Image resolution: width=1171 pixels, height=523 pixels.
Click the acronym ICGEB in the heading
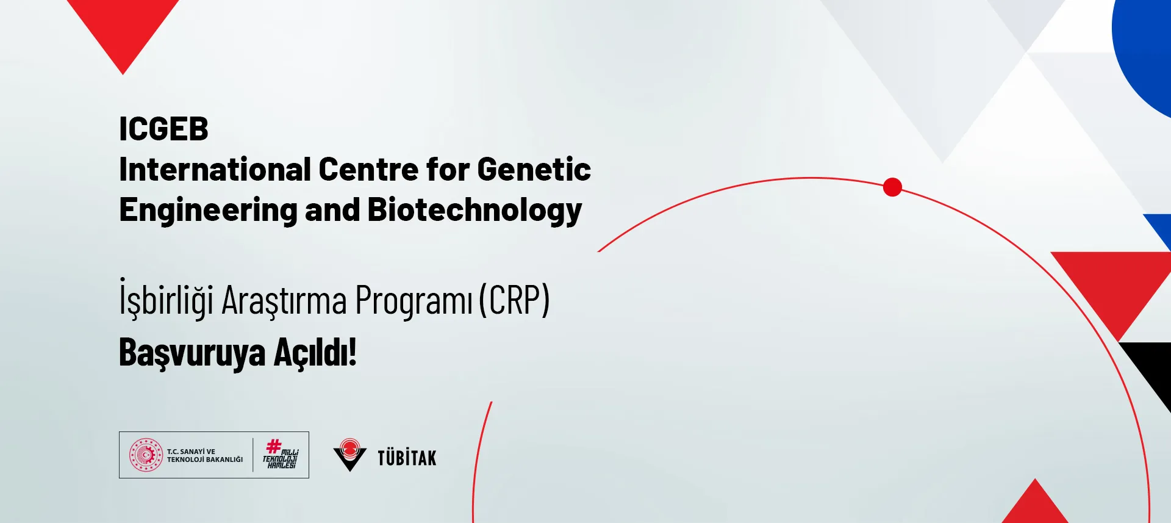point(163,129)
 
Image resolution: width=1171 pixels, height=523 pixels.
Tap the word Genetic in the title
point(534,170)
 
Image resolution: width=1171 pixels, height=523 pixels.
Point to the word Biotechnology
point(474,211)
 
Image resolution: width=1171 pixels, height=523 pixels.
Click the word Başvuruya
point(192,353)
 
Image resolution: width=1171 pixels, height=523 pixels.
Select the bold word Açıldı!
point(315,353)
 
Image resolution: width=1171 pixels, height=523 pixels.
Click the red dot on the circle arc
point(892,187)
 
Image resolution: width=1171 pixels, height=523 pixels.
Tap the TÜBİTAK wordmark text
point(407,458)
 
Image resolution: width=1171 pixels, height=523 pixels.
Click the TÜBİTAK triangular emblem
point(350,455)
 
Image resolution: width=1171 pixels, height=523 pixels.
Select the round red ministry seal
point(146,455)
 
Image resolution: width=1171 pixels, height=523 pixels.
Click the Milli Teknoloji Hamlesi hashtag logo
point(281,455)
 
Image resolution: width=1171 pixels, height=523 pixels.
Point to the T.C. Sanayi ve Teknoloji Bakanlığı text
point(204,455)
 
